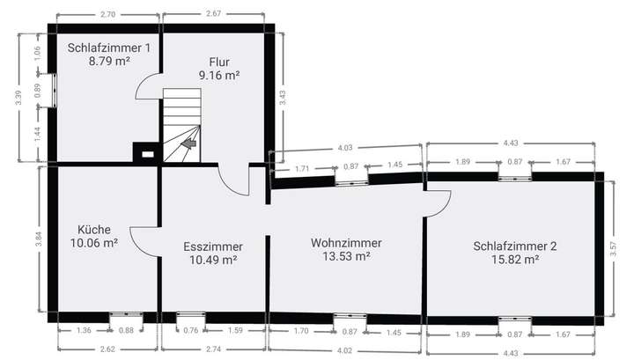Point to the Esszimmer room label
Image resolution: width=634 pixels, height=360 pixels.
pos(212,246)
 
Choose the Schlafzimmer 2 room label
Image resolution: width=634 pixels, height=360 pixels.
pos(514,246)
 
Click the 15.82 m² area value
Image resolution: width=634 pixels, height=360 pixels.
pos(514,260)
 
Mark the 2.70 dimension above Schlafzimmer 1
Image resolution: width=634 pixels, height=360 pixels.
pos(108,14)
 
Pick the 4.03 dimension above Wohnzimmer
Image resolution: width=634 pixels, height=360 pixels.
pos(347,148)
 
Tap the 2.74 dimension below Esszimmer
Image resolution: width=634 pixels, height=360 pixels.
pos(214,349)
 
